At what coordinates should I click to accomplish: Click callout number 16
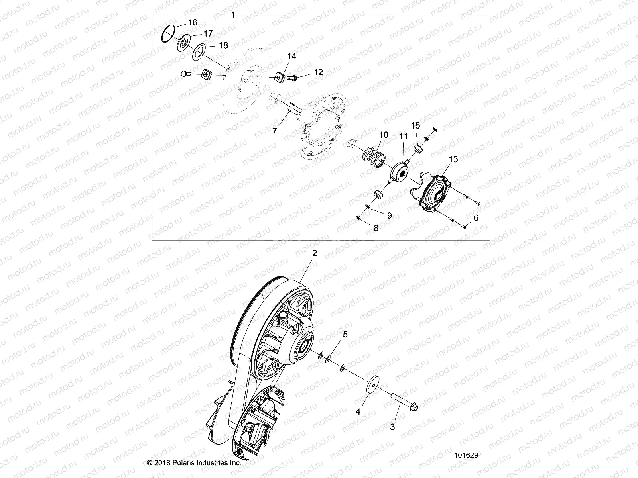point(193,23)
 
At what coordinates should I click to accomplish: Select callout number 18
point(223,45)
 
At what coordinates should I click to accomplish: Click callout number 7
point(274,131)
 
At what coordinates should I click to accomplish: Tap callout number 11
point(404,136)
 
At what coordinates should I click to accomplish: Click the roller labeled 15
point(419,149)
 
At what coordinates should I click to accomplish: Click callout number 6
point(475,218)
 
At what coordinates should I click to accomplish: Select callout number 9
point(389,215)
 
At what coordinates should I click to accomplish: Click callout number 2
point(315,253)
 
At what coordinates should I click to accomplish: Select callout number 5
point(345,334)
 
